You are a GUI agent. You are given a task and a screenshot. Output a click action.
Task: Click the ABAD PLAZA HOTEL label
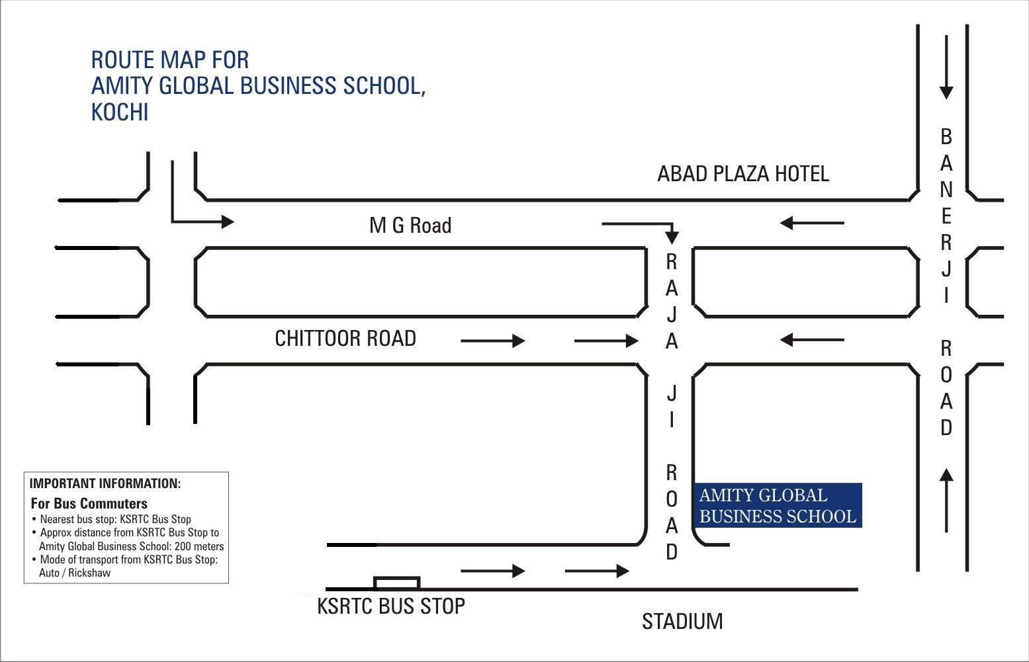pos(743,174)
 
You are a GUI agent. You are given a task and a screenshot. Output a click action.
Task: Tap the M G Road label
pos(410,226)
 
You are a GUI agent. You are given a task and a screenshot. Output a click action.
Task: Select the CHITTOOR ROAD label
pos(345,339)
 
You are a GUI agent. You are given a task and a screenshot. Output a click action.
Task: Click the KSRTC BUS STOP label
pos(391,606)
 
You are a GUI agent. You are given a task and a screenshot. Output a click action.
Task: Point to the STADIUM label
pos(682,622)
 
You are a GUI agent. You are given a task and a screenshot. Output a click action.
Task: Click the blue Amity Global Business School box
pos(778,505)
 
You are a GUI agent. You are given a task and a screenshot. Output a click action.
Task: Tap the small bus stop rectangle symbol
pos(396,583)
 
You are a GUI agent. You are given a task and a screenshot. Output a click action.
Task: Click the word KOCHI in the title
pos(119,112)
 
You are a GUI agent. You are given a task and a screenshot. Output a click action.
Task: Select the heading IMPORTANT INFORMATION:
pos(105,483)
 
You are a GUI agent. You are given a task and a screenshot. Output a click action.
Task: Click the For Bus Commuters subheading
pos(89,504)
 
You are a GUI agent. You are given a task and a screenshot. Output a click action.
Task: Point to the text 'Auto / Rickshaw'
pos(75,573)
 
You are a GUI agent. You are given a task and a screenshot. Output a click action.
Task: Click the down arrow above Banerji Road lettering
pos(946,67)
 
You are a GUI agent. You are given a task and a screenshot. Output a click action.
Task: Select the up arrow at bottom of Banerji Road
pos(946,501)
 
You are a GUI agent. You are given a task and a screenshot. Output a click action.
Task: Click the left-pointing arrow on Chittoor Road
pos(812,340)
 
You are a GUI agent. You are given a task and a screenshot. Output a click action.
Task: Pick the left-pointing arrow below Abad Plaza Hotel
pos(812,223)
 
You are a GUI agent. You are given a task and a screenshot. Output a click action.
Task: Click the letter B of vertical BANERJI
pos(946,136)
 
